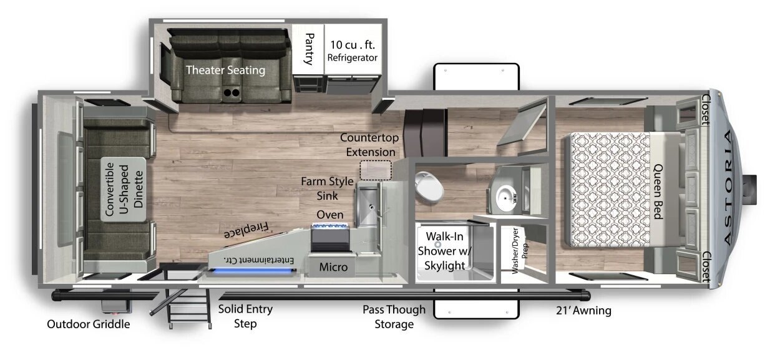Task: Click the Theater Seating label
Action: pyautogui.click(x=225, y=70)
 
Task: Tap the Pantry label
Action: pyautogui.click(x=309, y=49)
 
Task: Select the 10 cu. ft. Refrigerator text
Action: pyautogui.click(x=353, y=51)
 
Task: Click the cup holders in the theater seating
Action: pyautogui.click(x=232, y=92)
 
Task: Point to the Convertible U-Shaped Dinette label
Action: pyautogui.click(x=124, y=190)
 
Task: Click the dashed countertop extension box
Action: pyautogui.click(x=376, y=170)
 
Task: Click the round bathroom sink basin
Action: pyautogui.click(x=505, y=198)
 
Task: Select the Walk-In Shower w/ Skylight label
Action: pyautogui.click(x=444, y=251)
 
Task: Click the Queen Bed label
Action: pyautogui.click(x=658, y=192)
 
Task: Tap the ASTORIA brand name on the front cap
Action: pyautogui.click(x=728, y=187)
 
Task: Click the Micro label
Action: pyautogui.click(x=333, y=267)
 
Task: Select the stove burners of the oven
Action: pyautogui.click(x=330, y=226)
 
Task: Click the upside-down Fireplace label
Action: pyautogui.click(x=246, y=230)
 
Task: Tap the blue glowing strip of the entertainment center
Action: pyautogui.click(x=253, y=271)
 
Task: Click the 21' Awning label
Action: pyautogui.click(x=583, y=311)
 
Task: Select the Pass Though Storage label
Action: pyautogui.click(x=394, y=316)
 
